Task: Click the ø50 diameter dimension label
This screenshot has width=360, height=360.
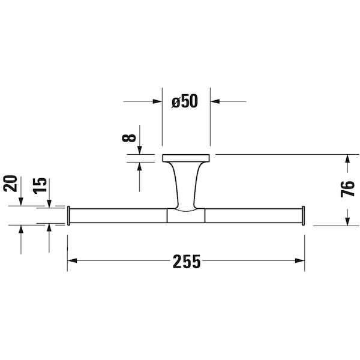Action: (x=185, y=101)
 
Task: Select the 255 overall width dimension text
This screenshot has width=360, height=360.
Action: (x=187, y=262)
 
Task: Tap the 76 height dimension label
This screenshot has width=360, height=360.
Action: (x=347, y=189)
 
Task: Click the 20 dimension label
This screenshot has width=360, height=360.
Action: (x=10, y=184)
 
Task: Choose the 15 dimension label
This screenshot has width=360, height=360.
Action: (x=40, y=186)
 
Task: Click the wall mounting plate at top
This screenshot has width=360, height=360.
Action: (x=186, y=158)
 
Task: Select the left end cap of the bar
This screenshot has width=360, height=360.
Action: (x=68, y=216)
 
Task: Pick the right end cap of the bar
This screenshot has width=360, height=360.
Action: (x=303, y=216)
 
